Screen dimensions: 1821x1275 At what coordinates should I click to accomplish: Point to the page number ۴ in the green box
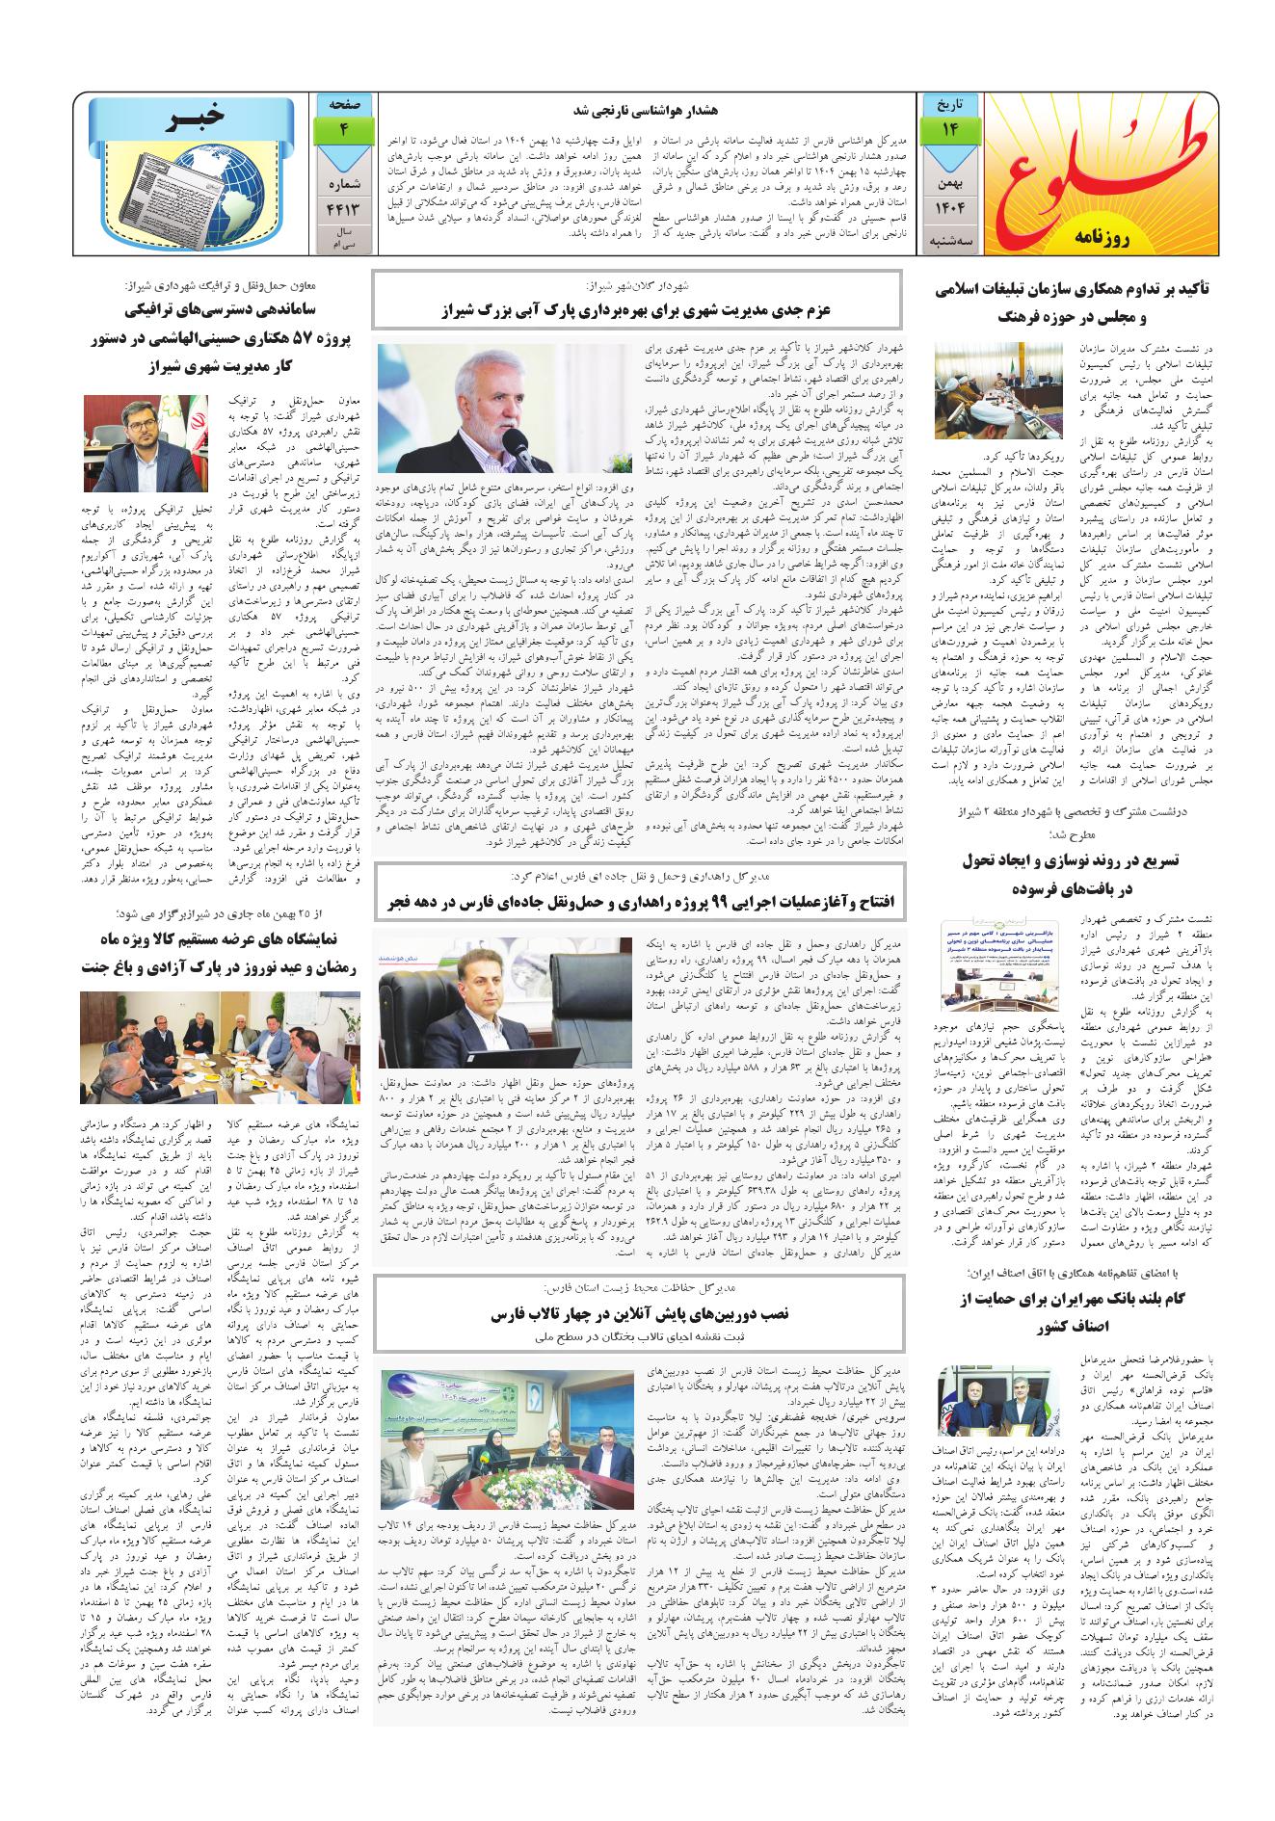342,131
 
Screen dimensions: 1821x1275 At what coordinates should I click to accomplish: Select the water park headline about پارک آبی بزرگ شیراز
637,311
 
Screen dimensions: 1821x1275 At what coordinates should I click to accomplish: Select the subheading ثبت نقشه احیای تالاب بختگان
637,1337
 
